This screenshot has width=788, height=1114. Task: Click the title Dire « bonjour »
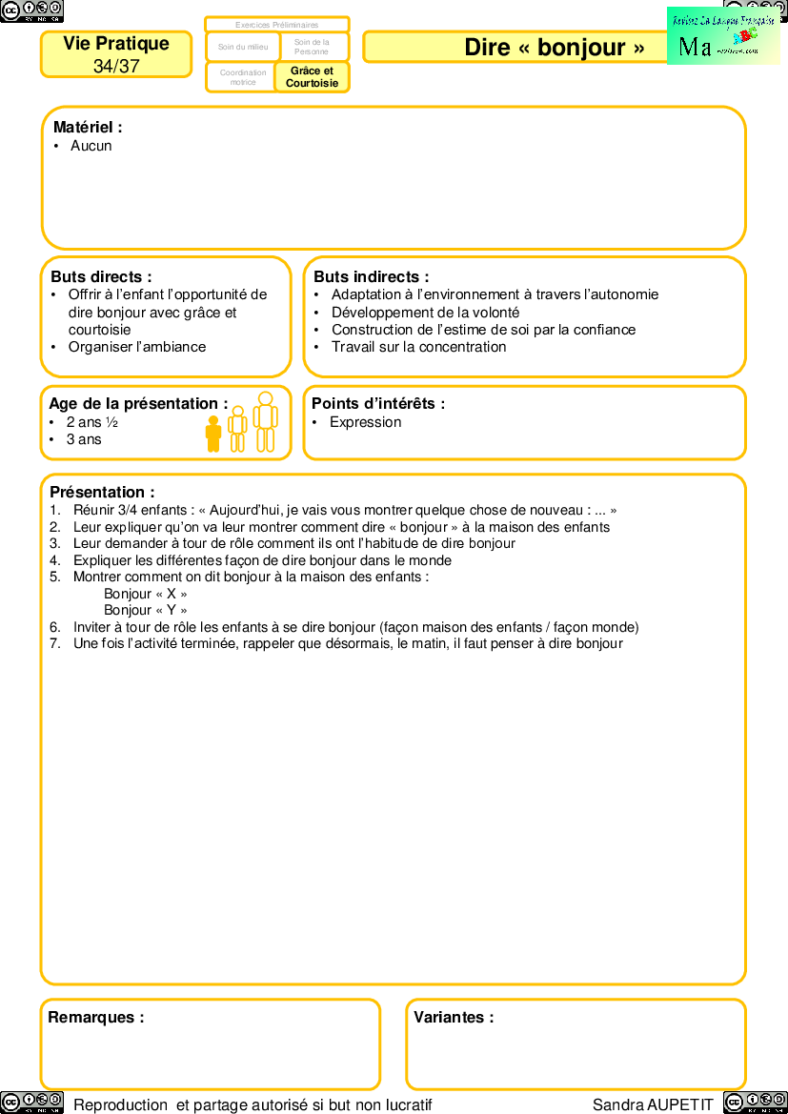[x=554, y=48]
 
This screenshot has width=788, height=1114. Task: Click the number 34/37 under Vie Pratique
[x=116, y=66]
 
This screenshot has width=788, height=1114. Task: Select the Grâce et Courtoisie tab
[x=312, y=77]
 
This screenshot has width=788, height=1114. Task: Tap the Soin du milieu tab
[x=243, y=47]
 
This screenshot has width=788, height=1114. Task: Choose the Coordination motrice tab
[x=243, y=77]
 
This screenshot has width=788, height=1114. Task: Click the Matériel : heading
[x=88, y=127]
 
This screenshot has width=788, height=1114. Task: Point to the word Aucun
[x=91, y=146]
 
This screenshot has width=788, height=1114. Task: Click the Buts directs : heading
[x=101, y=276]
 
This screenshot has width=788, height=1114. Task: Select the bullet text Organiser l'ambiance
[x=136, y=347]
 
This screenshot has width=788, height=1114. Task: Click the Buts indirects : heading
[x=371, y=276]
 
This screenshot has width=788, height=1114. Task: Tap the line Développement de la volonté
[x=425, y=313]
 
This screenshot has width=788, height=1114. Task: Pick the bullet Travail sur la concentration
[x=418, y=347]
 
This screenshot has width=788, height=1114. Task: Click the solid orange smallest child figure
[x=213, y=434]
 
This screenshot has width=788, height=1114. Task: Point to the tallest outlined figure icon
[x=266, y=421]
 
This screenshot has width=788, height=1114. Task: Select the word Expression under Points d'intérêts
[x=365, y=422]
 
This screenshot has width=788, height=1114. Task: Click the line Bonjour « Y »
[x=145, y=610]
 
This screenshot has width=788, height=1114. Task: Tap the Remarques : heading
[x=96, y=1017]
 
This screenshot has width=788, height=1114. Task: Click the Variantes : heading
[x=454, y=1017]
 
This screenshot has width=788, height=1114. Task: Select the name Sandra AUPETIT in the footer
[x=653, y=1104]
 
